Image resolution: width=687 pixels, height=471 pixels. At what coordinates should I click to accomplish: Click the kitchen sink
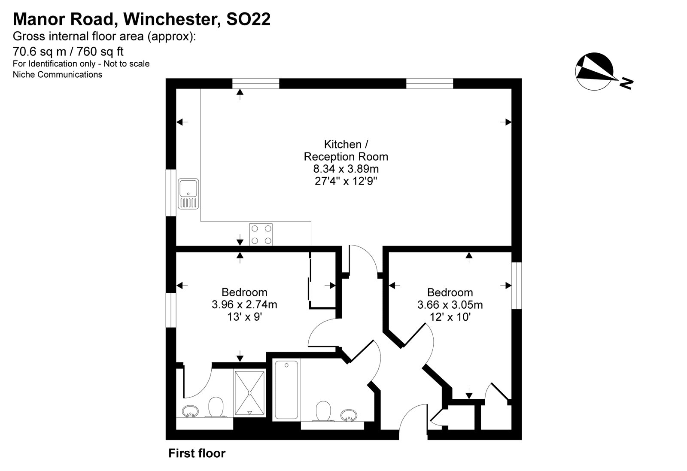tap(189, 194)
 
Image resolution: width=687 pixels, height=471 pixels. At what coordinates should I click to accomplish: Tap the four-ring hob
tap(261, 234)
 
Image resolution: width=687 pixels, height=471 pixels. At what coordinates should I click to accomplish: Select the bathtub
tap(286, 390)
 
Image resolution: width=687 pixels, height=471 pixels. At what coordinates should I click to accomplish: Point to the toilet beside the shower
tap(216, 407)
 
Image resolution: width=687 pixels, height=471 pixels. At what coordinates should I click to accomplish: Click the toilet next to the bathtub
tap(323, 412)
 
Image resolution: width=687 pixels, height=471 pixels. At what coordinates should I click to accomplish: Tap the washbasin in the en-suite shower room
tap(189, 411)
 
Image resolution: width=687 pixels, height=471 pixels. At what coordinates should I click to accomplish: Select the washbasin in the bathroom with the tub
tap(349, 415)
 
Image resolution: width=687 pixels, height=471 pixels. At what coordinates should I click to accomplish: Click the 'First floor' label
tap(197, 453)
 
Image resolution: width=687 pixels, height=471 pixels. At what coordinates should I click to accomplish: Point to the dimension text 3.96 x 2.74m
tap(244, 305)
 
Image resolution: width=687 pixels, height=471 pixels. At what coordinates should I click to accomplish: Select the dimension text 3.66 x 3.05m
tap(450, 305)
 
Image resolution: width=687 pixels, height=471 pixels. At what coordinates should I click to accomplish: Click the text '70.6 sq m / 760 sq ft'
tap(68, 52)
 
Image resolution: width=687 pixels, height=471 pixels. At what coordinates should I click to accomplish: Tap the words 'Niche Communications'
tap(58, 75)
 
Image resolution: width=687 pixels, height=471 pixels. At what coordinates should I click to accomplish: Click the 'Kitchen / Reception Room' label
tap(346, 150)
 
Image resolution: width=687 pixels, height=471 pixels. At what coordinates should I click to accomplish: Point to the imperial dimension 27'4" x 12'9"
tap(346, 181)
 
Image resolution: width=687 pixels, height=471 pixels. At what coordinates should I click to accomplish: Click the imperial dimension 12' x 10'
tap(450, 317)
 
